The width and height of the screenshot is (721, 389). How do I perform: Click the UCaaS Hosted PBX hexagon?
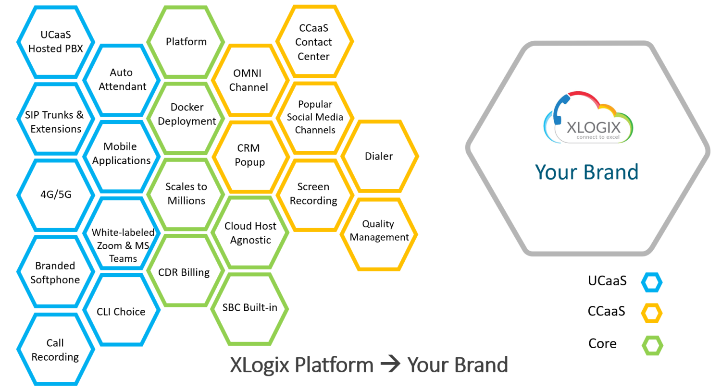click(56, 42)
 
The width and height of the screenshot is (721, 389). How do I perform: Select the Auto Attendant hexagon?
click(122, 80)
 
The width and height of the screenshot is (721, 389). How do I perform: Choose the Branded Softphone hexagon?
click(56, 272)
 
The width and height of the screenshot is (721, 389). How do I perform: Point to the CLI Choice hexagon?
click(122, 312)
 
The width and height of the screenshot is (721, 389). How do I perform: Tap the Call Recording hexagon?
click(56, 350)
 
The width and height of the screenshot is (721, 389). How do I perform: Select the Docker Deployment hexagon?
click(186, 114)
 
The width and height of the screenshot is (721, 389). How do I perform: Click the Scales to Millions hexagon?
click(186, 194)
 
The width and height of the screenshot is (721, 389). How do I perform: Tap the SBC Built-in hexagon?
click(250, 308)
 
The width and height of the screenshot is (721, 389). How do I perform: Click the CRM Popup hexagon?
click(250, 155)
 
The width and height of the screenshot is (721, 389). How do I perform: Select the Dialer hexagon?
click(379, 157)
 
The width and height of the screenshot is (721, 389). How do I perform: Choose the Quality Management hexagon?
click(379, 231)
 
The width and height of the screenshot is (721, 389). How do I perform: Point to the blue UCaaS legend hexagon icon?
click(652, 282)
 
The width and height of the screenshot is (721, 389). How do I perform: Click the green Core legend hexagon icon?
click(652, 345)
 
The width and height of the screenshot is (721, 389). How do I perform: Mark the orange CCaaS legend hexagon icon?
click(652, 313)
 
